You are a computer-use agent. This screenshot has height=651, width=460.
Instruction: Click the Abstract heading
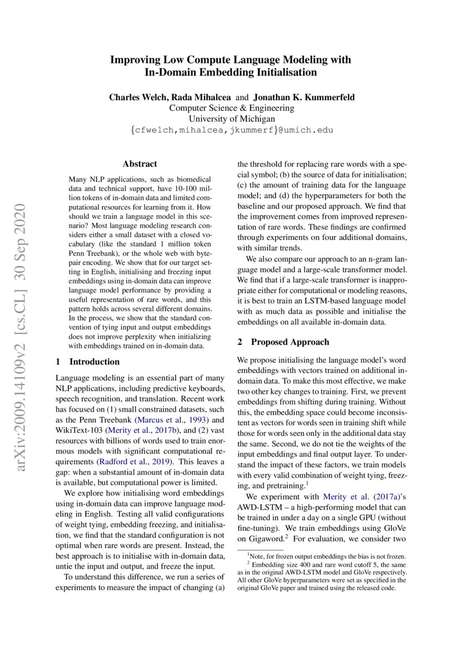[140, 164]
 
